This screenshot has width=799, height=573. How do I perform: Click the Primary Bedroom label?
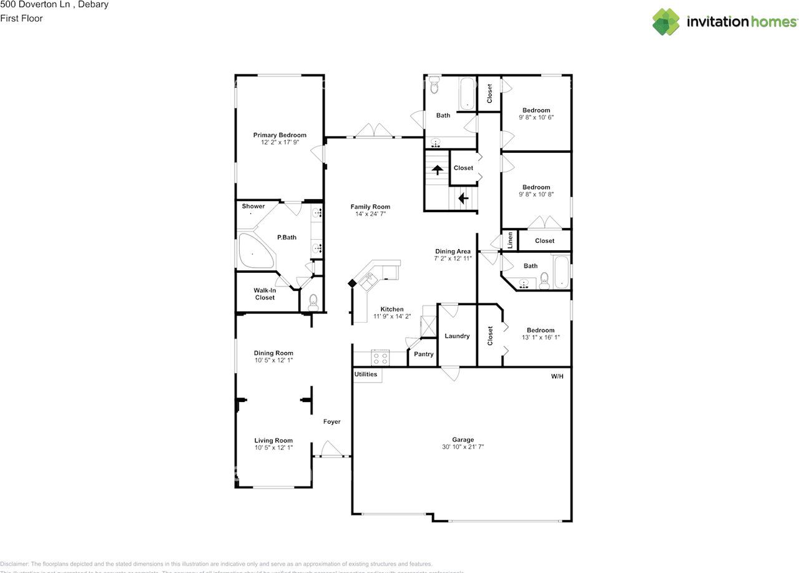point(280,135)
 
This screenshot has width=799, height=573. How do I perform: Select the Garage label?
point(463,439)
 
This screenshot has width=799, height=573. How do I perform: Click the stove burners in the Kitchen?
point(380,359)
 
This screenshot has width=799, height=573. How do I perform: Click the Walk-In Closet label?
point(265,294)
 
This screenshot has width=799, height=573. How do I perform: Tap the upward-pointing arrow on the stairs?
point(438,169)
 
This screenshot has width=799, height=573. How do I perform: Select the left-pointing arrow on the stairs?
point(463,198)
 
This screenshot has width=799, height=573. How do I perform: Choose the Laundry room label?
point(457,336)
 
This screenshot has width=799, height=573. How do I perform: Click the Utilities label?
point(366,375)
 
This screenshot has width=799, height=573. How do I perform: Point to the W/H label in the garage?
point(557,376)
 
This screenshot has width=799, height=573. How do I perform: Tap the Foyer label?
point(331,422)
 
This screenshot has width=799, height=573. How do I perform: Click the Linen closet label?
point(510,240)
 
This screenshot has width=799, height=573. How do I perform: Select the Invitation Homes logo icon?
point(667,22)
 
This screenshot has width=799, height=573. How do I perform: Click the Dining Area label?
point(453,252)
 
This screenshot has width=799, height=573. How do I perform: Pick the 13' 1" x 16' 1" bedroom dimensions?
point(541,338)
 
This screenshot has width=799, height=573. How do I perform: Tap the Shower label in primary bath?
point(253,206)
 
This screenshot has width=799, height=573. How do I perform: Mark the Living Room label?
point(273,441)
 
